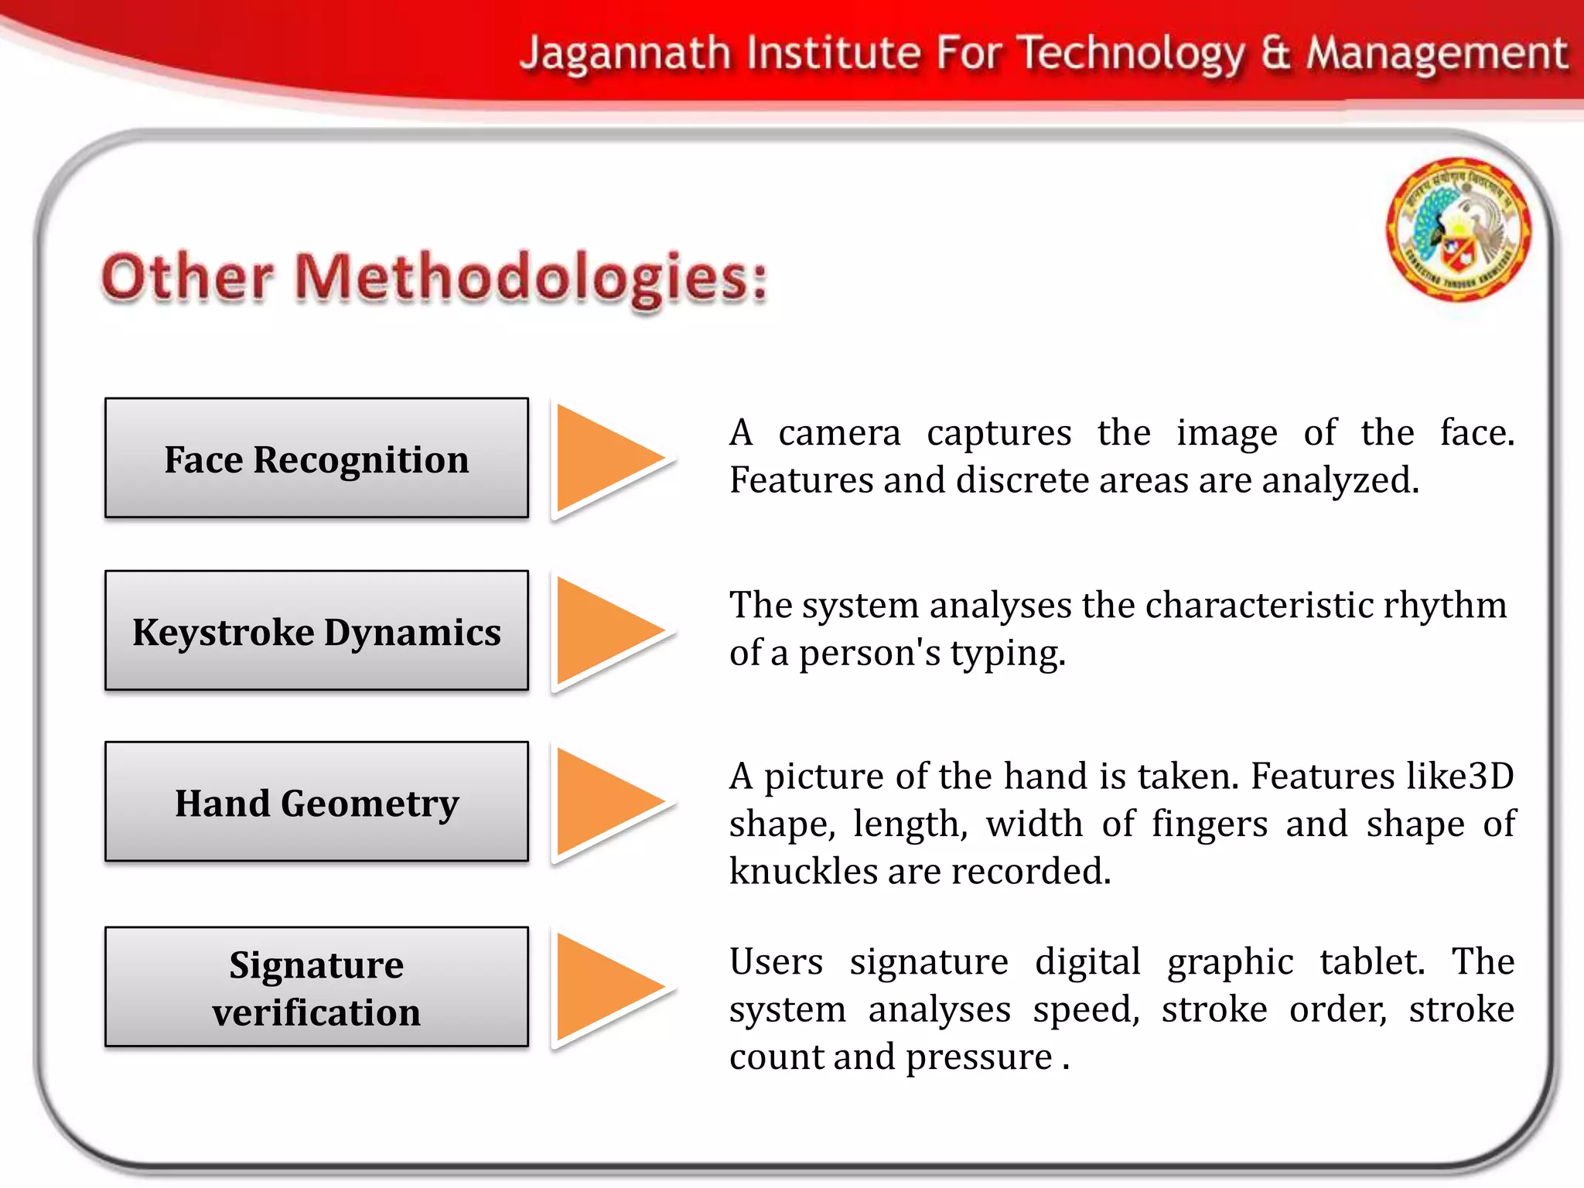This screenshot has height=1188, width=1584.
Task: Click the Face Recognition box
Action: (x=316, y=458)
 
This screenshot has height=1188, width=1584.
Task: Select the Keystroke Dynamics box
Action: (x=316, y=630)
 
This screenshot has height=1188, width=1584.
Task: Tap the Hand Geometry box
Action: (x=316, y=802)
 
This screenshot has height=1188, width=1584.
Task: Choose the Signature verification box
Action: (x=316, y=987)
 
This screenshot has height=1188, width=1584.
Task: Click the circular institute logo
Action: (x=1458, y=229)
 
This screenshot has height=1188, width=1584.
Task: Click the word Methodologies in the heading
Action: (x=532, y=277)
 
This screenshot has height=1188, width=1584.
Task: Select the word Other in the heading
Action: (x=188, y=277)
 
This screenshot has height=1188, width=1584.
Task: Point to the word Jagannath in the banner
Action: (x=625, y=54)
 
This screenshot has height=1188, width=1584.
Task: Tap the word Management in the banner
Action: (x=1436, y=54)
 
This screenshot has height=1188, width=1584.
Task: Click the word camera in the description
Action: (x=839, y=432)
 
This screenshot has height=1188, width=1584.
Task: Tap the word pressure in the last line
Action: (x=978, y=1057)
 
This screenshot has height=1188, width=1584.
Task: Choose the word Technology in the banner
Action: (x=1130, y=54)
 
